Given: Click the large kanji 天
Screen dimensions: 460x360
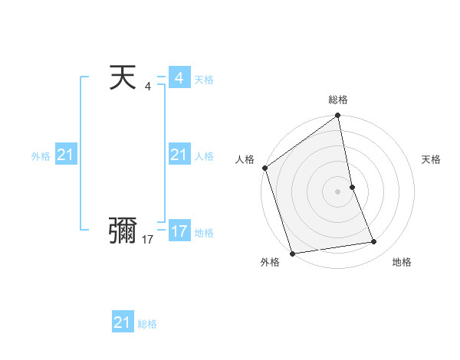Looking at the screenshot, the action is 123,78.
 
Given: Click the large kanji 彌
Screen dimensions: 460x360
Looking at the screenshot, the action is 123,229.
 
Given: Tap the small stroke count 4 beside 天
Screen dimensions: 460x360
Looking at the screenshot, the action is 147,87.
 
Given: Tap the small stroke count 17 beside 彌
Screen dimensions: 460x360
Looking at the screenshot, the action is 147,240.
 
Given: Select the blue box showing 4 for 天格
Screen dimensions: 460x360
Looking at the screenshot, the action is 179,78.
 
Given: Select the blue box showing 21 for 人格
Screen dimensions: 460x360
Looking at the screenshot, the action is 179,155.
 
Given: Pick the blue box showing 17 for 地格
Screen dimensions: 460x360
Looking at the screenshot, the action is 179,231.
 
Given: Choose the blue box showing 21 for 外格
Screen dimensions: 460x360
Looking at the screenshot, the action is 66,155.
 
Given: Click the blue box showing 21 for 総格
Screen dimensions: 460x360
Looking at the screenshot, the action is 123,322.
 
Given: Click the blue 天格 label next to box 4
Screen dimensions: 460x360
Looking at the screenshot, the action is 204,80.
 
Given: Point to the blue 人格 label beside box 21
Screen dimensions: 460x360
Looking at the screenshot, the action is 204,156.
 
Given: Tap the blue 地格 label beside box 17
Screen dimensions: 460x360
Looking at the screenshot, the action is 204,233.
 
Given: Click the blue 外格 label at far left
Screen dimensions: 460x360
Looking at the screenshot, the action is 41,156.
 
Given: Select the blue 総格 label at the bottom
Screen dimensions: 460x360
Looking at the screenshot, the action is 147,324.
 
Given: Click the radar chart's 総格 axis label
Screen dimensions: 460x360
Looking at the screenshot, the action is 338,100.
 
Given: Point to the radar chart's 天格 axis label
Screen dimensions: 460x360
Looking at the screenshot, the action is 432,159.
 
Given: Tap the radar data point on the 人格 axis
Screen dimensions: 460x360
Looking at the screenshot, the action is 265,168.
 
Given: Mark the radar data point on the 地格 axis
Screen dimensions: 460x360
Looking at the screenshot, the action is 374,242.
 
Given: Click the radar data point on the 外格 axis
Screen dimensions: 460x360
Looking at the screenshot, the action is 292,254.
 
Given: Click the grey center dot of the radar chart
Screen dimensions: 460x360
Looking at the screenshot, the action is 338,191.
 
